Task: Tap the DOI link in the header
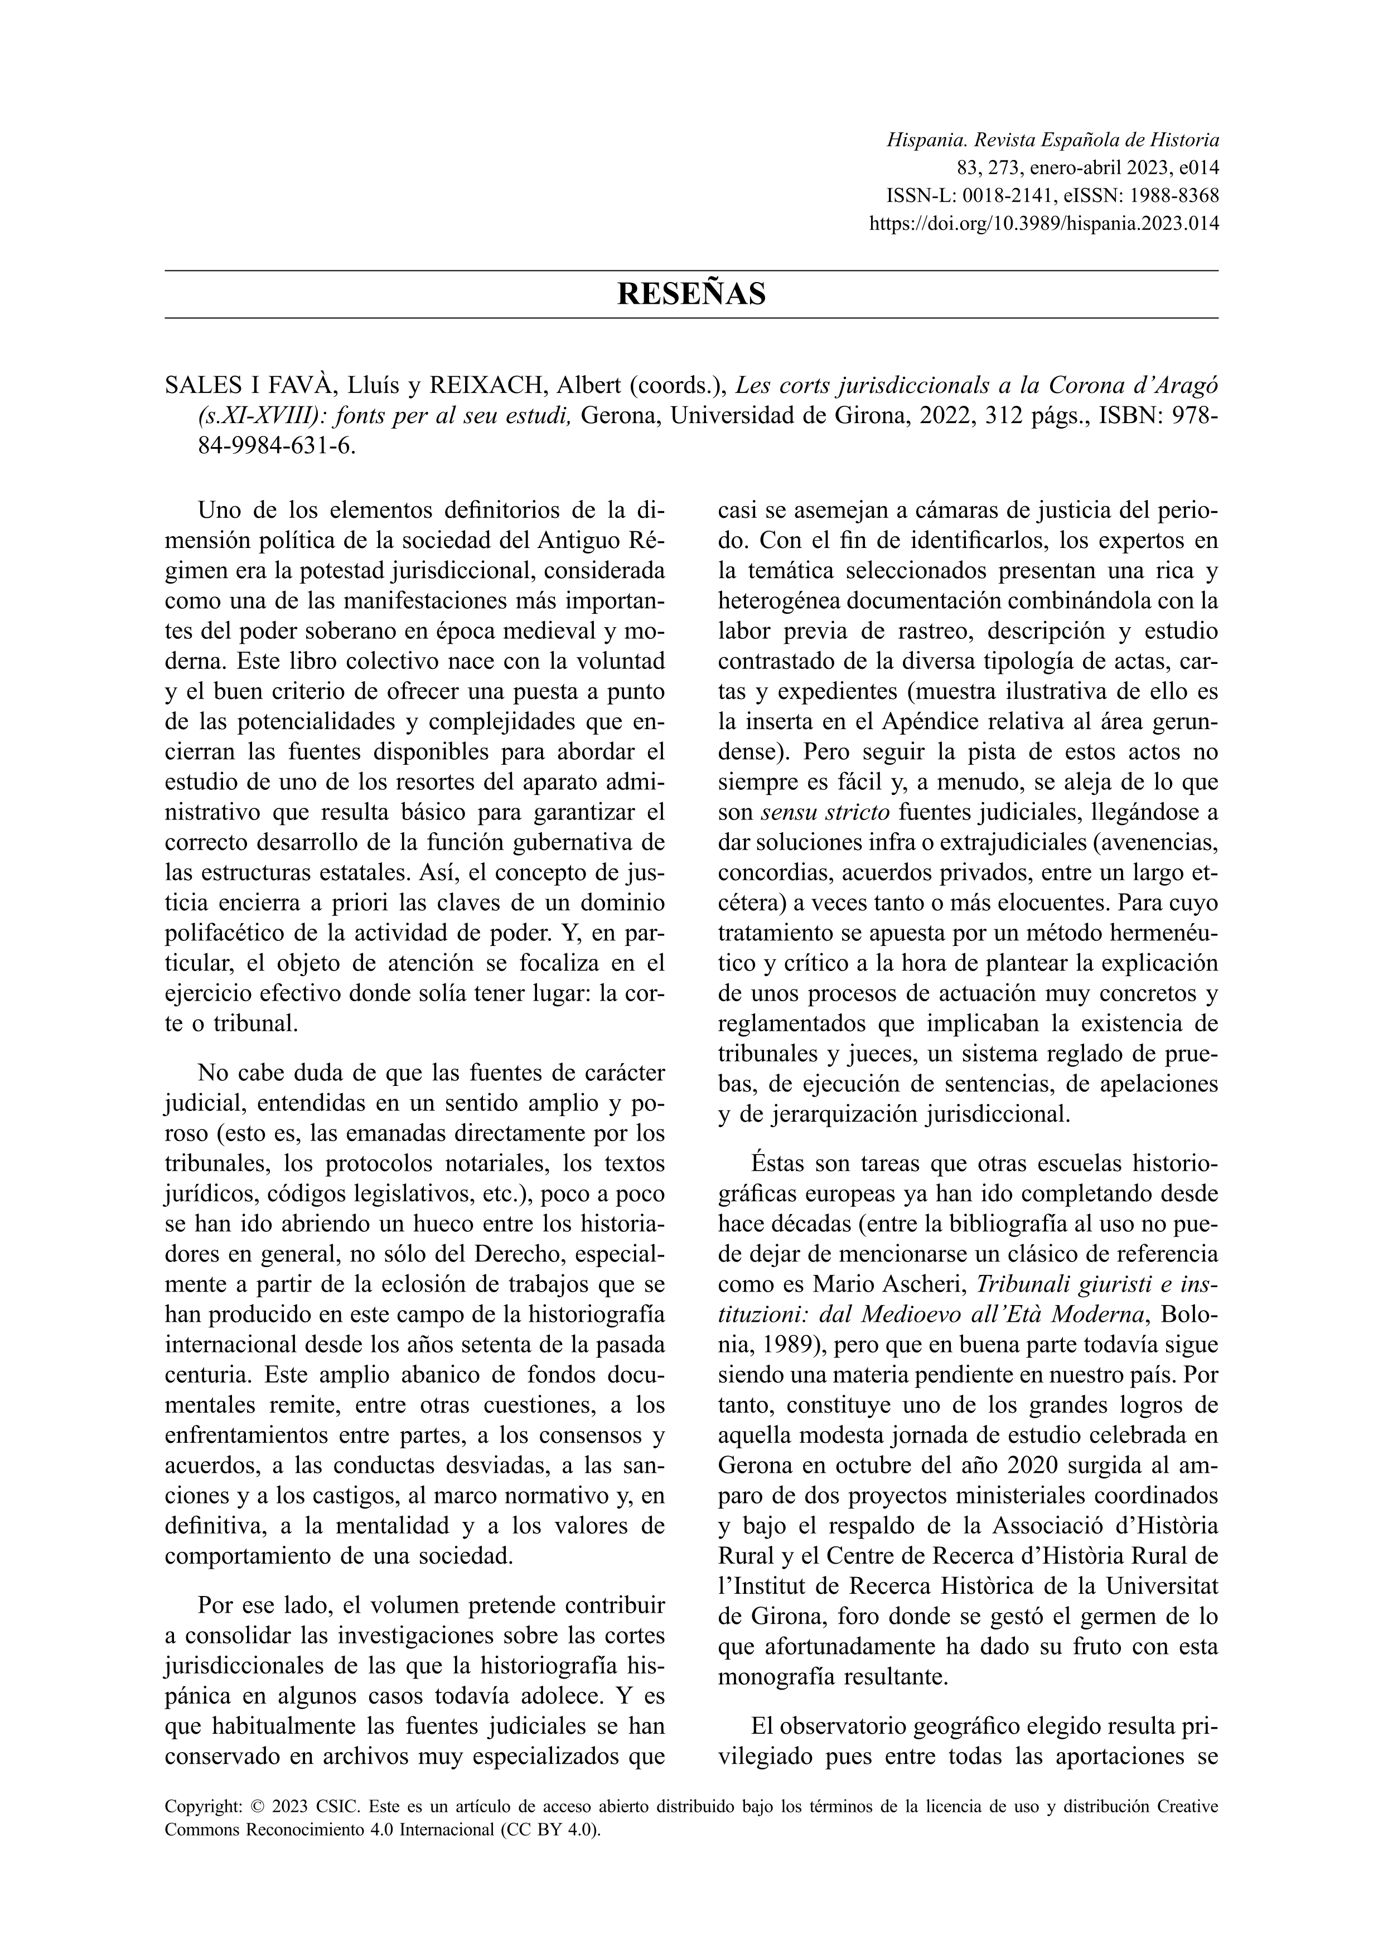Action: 1043,225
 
